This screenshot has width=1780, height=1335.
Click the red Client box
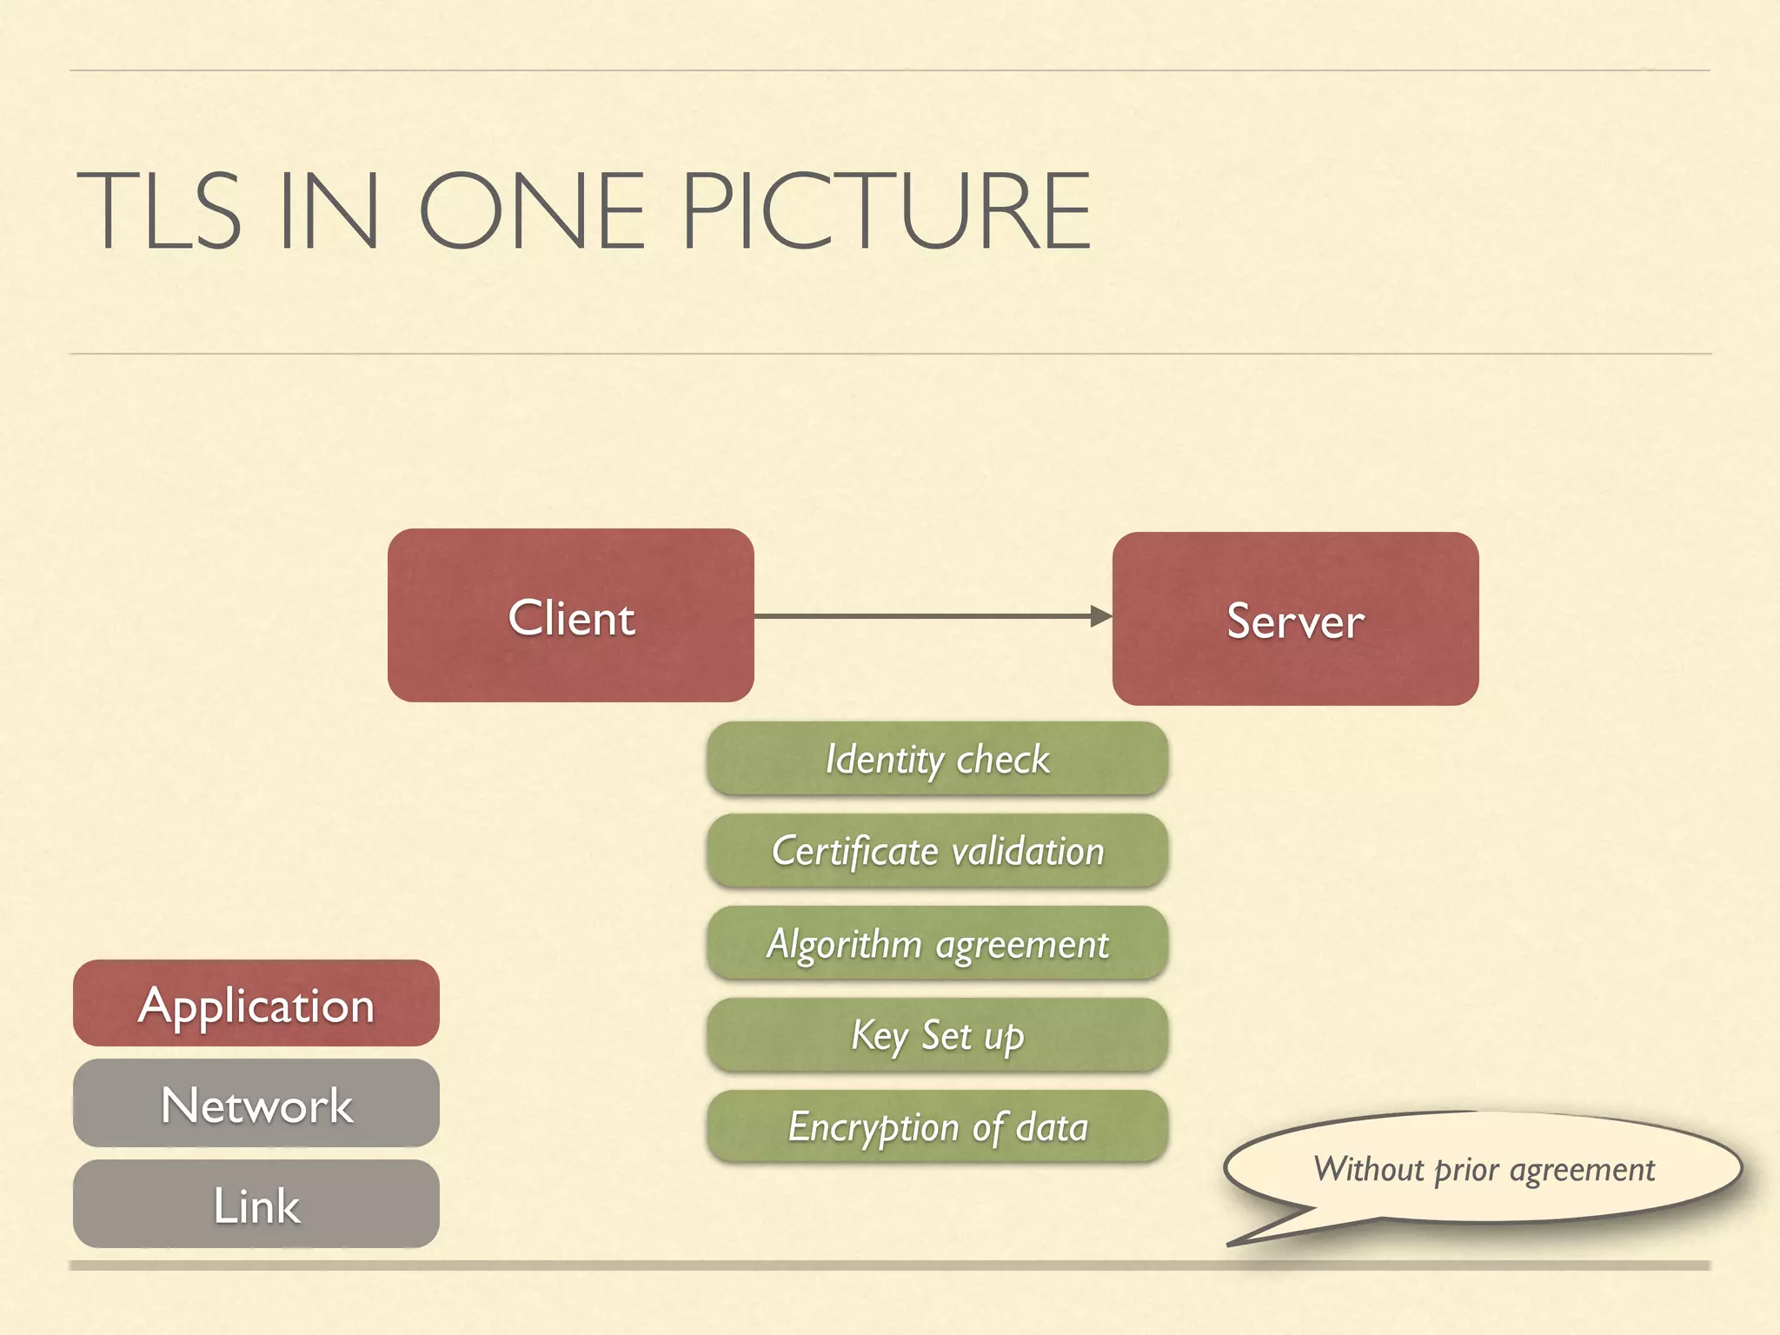point(570,615)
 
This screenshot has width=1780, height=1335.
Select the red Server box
point(1295,619)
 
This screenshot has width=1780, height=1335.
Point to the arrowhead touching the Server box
point(1101,616)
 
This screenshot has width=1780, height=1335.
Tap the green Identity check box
point(937,759)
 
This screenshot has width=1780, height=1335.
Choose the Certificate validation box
point(937,851)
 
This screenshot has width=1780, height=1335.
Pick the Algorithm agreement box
point(937,943)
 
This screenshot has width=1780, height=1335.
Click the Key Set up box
point(937,1035)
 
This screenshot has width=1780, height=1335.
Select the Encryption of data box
point(937,1127)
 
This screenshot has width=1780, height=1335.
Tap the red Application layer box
point(256,1004)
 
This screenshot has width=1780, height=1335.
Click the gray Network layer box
point(256,1104)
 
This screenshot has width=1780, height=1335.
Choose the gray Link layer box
point(256,1205)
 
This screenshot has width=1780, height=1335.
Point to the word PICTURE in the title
point(887,211)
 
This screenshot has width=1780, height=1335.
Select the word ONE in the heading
point(531,211)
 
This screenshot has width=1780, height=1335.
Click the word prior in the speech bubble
point(1466,1169)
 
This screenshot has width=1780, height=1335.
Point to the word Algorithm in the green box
point(844,943)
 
